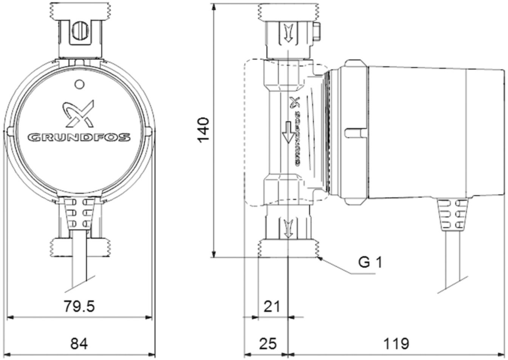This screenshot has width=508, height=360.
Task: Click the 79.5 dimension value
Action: (79, 306)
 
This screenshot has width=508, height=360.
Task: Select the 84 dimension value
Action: (79, 344)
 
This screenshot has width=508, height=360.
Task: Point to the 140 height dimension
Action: (203, 130)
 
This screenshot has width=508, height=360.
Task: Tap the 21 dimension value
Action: (272, 306)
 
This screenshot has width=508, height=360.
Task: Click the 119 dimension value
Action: (396, 344)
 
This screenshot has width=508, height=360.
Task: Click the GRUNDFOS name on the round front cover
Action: (79, 137)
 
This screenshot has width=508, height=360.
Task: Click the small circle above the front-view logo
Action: (79, 84)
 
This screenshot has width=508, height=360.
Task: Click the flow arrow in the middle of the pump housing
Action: (288, 132)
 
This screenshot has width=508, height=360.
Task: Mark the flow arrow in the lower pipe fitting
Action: (288, 228)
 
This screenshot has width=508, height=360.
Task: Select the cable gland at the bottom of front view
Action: (78, 213)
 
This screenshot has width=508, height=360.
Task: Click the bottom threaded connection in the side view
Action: (288, 248)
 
